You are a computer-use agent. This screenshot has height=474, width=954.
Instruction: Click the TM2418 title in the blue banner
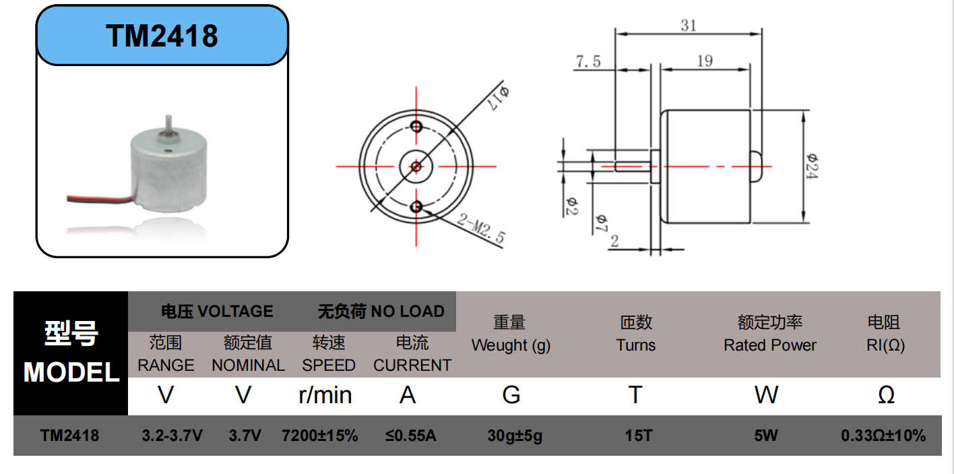pyautogui.click(x=162, y=36)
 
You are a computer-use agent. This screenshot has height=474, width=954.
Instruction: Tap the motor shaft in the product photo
pyautogui.click(x=168, y=125)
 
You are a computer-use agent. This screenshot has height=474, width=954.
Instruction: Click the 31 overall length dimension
pyautogui.click(x=689, y=26)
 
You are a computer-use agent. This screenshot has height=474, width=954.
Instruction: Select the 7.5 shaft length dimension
pyautogui.click(x=588, y=61)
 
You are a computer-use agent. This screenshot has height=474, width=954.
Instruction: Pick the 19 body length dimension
pyautogui.click(x=705, y=61)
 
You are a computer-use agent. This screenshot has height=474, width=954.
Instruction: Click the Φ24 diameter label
pyautogui.click(x=812, y=167)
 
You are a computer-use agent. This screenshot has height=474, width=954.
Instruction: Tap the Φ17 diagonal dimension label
pyautogui.click(x=499, y=98)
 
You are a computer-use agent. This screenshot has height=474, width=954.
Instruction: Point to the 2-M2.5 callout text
pyautogui.click(x=481, y=229)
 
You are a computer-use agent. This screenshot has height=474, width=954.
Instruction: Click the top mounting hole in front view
pyautogui.click(x=416, y=127)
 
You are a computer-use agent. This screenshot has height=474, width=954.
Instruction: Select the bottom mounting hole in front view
pyautogui.click(x=416, y=207)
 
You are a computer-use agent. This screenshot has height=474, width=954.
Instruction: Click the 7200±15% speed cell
pyautogui.click(x=320, y=436)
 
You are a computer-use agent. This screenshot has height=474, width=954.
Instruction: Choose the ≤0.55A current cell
pyautogui.click(x=410, y=436)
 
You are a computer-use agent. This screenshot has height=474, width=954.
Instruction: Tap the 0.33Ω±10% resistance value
pyautogui.click(x=883, y=436)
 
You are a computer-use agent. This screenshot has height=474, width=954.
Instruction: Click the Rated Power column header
pyautogui.click(x=770, y=345)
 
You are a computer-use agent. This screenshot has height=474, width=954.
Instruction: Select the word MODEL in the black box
pyautogui.click(x=71, y=372)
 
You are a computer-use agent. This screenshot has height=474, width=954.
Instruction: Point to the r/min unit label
pyautogui.click(x=325, y=395)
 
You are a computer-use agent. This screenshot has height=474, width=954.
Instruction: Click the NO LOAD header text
pyautogui.click(x=408, y=312)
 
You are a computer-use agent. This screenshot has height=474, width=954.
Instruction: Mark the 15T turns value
pyautogui.click(x=639, y=436)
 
